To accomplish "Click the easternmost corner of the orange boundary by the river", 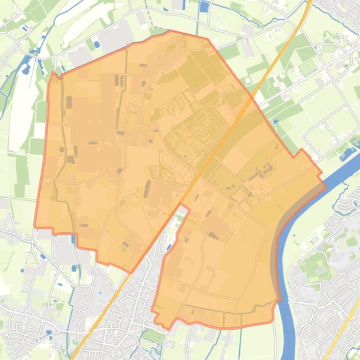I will (325, 186).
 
